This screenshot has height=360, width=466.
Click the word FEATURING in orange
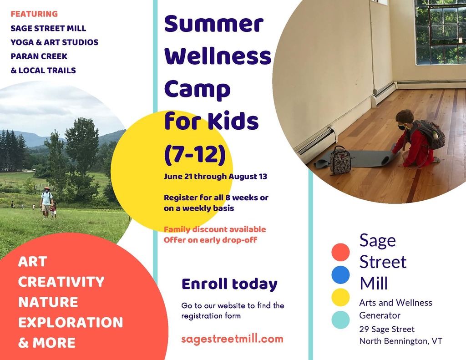pyautogui.click(x=34, y=14)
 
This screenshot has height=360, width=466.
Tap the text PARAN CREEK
pyautogui.click(x=39, y=56)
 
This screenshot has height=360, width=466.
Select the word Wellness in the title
pyautogui.click(x=218, y=56)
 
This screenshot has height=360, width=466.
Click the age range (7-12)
pyautogui.click(x=195, y=154)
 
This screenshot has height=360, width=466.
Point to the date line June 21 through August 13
pyautogui.click(x=215, y=176)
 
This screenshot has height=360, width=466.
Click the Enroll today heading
pyautogui.click(x=229, y=284)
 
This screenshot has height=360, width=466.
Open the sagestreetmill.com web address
pyautogui.click(x=232, y=339)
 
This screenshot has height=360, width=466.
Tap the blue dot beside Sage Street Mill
pyautogui.click(x=340, y=275)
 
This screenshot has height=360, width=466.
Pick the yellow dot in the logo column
pyautogui.click(x=340, y=297)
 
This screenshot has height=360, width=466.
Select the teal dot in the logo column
pyautogui.click(x=340, y=320)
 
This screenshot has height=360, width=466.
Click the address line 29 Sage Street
pyautogui.click(x=387, y=329)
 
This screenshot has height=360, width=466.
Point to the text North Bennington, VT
pyautogui.click(x=400, y=341)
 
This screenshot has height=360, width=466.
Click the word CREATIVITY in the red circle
pyautogui.click(x=61, y=282)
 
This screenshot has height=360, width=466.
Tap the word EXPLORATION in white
pyautogui.click(x=71, y=322)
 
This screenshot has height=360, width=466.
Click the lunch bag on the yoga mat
pyautogui.click(x=340, y=160)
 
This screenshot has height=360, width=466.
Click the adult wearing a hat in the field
pyautogui.click(x=46, y=203)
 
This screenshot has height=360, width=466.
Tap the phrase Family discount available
pyautogui.click(x=215, y=229)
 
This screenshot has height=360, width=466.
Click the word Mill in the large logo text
pyautogui.click(x=374, y=283)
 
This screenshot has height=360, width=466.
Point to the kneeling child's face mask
pyautogui.click(x=402, y=127)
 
